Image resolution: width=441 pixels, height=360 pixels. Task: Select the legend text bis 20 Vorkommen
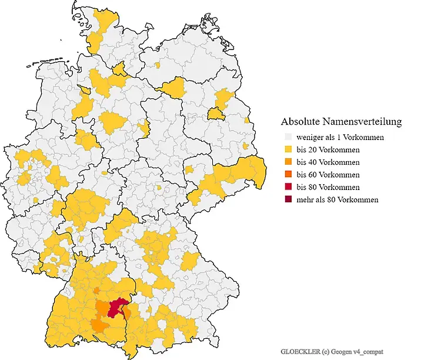[328, 150]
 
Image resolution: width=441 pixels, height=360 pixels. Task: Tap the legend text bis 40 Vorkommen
[328, 162]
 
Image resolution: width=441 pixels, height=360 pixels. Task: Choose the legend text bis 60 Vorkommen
[328, 175]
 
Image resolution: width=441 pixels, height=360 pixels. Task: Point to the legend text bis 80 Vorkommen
[328, 187]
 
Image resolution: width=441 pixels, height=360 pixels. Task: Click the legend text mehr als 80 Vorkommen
[337, 199]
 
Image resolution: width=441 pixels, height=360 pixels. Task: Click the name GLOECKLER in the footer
[300, 351]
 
